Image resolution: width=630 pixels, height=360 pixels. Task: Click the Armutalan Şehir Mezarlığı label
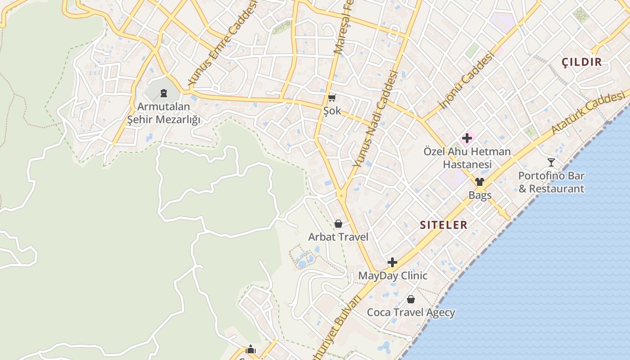pyautogui.click(x=163, y=113)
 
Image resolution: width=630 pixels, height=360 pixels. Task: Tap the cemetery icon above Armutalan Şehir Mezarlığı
pyautogui.click(x=164, y=93)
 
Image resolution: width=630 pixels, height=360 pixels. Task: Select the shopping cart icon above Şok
pyautogui.click(x=332, y=98)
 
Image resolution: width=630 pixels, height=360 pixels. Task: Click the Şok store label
pyautogui.click(x=332, y=111)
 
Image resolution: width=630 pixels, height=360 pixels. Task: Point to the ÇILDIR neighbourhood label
pyautogui.click(x=582, y=62)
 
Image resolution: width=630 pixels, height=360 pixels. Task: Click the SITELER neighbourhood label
pyautogui.click(x=443, y=225)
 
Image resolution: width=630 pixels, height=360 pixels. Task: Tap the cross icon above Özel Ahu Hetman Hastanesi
pyautogui.click(x=467, y=139)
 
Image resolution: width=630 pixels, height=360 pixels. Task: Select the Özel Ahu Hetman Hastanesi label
pyautogui.click(x=467, y=157)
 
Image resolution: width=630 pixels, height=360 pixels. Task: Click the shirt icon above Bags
pyautogui.click(x=480, y=182)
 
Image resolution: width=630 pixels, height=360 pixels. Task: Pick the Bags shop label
pyautogui.click(x=480, y=195)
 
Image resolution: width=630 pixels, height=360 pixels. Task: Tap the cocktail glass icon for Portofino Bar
pyautogui.click(x=551, y=162)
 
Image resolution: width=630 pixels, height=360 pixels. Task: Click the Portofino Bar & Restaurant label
pyautogui.click(x=551, y=182)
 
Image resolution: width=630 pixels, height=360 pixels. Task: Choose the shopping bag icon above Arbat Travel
pyautogui.click(x=338, y=224)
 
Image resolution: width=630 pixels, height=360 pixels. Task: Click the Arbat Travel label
pyautogui.click(x=338, y=237)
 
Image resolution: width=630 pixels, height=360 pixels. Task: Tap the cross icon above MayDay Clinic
pyautogui.click(x=392, y=262)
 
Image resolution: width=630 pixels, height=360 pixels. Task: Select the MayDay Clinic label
pyautogui.click(x=392, y=275)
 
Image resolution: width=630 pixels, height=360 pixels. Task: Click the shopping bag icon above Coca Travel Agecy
pyautogui.click(x=411, y=299)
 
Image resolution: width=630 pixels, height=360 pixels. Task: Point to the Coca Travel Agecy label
pyautogui.click(x=411, y=312)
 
